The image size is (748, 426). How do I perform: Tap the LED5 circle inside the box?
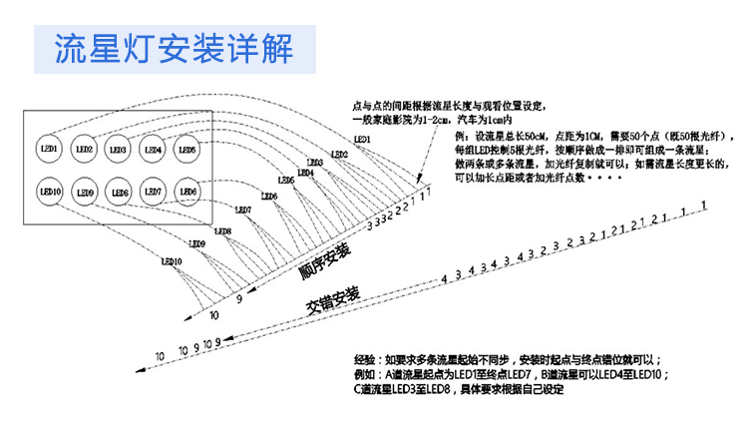click(187, 150)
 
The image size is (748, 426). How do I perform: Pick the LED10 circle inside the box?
click(50, 190)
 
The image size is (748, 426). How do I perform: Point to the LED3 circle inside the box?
click(118, 150)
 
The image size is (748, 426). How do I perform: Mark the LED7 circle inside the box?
click(153, 190)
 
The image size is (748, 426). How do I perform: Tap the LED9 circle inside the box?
click(85, 191)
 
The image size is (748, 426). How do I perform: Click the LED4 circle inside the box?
click(153, 150)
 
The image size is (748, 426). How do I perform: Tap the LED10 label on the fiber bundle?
click(171, 261)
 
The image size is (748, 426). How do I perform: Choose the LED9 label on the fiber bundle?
click(196, 243)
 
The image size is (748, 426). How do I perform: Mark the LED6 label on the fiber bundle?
click(268, 197)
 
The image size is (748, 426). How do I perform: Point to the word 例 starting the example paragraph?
click(458, 134)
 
